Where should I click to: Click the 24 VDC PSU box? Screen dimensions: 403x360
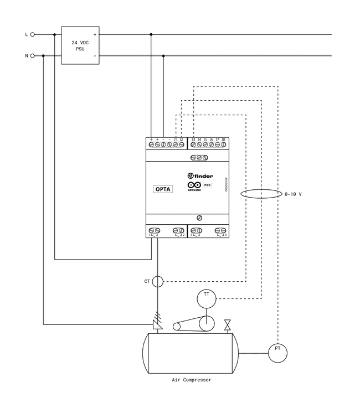(x=80, y=45)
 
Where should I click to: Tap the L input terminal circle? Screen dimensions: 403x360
(x=33, y=34)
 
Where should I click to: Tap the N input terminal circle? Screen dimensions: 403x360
(x=33, y=56)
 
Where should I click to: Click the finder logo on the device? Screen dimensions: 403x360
(x=200, y=176)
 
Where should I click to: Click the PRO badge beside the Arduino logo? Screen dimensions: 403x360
(x=208, y=184)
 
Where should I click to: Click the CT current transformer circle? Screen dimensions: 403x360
(x=158, y=282)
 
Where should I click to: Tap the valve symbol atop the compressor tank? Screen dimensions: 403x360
(x=227, y=324)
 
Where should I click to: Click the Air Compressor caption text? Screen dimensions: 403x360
(x=191, y=380)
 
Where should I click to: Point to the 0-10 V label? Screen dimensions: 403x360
(x=293, y=195)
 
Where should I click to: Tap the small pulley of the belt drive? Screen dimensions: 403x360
(x=177, y=327)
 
